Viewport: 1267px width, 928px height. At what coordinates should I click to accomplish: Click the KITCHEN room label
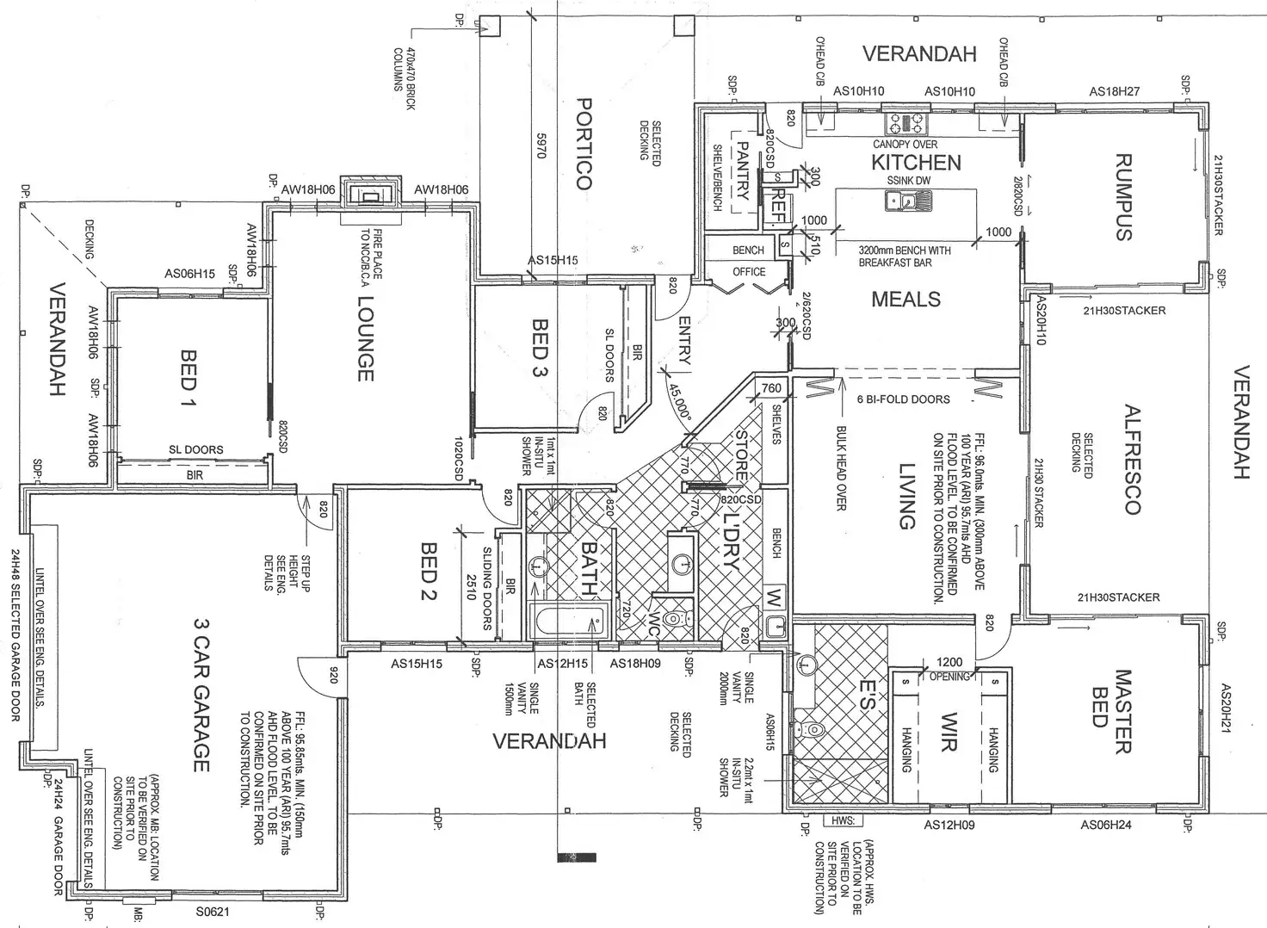coord(916,162)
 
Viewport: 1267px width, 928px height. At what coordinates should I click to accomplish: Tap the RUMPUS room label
coord(1122,197)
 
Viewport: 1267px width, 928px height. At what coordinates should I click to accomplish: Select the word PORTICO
coord(584,143)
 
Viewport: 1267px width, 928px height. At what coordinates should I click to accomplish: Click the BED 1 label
coord(189,380)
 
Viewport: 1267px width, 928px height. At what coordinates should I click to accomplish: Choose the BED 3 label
coord(541,349)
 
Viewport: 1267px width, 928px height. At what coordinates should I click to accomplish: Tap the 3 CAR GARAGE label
coord(201,695)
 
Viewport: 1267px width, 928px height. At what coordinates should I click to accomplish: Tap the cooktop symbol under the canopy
coord(907,122)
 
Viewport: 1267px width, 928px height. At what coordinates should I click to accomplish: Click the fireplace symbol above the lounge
coord(370,195)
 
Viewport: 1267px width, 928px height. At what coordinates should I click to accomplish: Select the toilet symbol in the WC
coord(677,618)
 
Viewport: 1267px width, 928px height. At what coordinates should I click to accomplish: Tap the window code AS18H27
coord(1114,91)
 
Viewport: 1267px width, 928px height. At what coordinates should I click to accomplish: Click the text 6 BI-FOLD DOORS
coord(903,399)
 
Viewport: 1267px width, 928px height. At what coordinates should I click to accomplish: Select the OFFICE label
coord(749,271)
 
